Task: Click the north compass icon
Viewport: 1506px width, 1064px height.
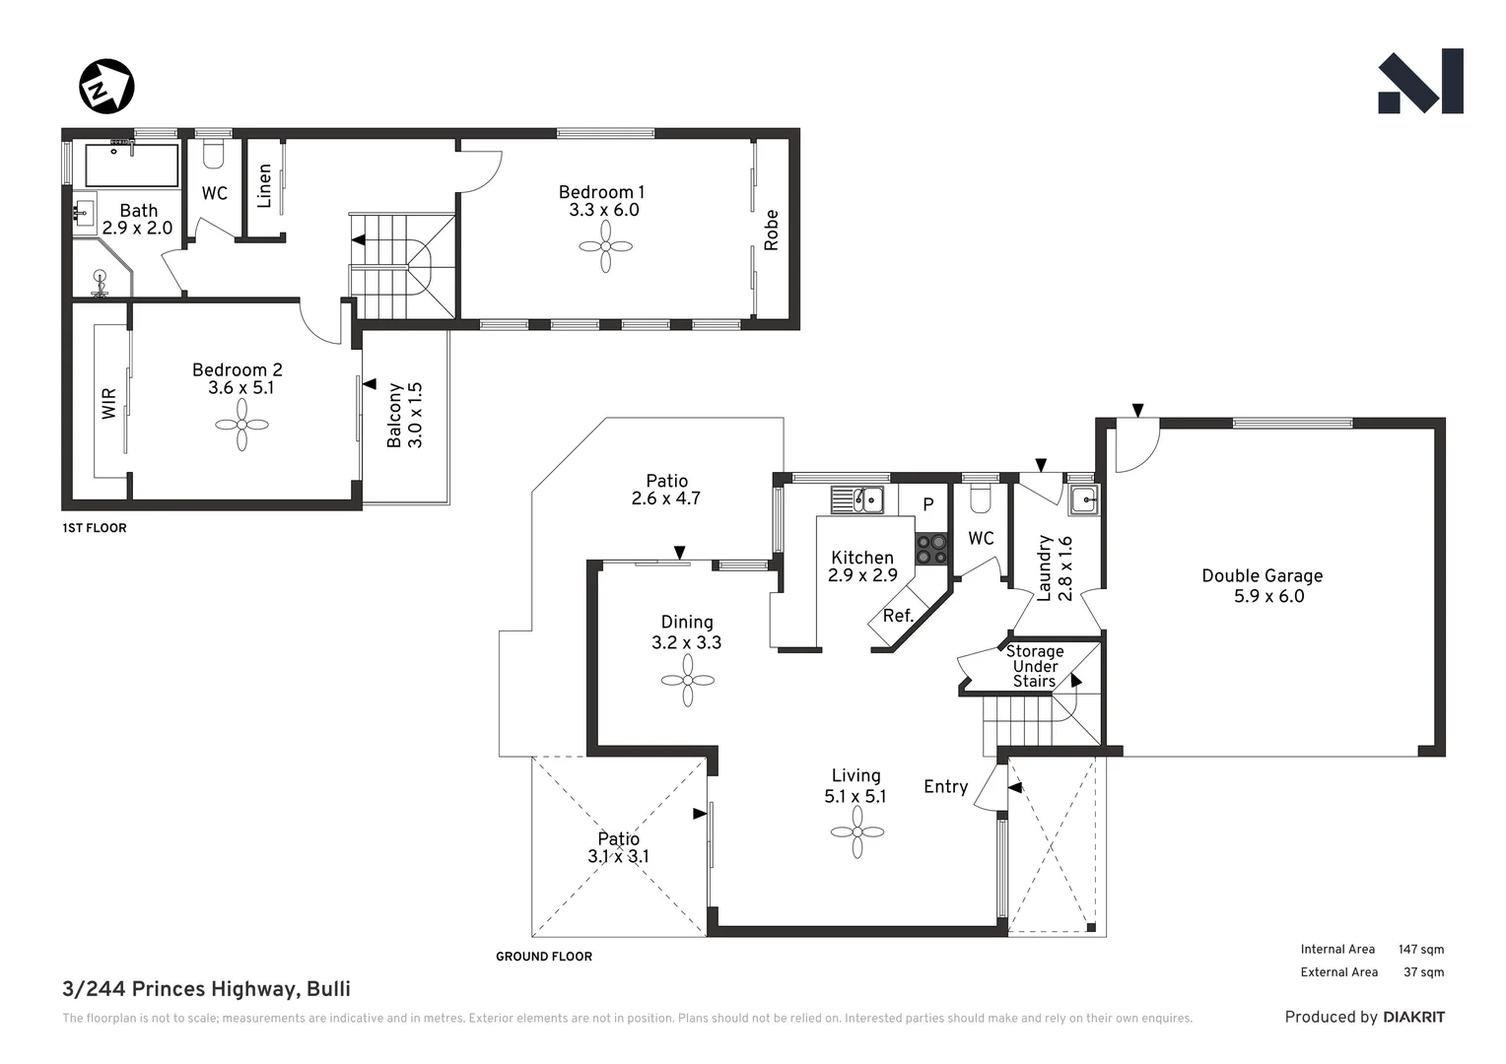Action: (106, 87)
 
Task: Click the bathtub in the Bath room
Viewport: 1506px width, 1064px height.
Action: (131, 166)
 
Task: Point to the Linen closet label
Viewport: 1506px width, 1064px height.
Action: (264, 185)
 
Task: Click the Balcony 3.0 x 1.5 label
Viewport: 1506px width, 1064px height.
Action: (404, 416)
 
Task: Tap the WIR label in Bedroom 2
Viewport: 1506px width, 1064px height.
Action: (108, 403)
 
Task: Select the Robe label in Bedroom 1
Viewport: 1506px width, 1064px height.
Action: (771, 230)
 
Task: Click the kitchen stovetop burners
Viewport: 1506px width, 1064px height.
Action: (930, 549)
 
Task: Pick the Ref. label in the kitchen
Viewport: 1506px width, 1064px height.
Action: (898, 617)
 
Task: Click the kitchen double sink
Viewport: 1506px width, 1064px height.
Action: (857, 500)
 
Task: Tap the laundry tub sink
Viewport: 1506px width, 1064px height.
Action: (1083, 500)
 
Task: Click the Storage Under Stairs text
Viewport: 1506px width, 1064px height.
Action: (1034, 666)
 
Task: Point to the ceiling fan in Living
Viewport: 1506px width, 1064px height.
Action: (856, 832)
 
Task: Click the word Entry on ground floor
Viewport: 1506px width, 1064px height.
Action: (945, 786)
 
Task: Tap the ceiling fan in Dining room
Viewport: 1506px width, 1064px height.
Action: (687, 680)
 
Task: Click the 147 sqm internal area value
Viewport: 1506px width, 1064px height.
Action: (1420, 950)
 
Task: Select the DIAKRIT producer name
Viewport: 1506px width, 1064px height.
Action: (1413, 1017)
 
